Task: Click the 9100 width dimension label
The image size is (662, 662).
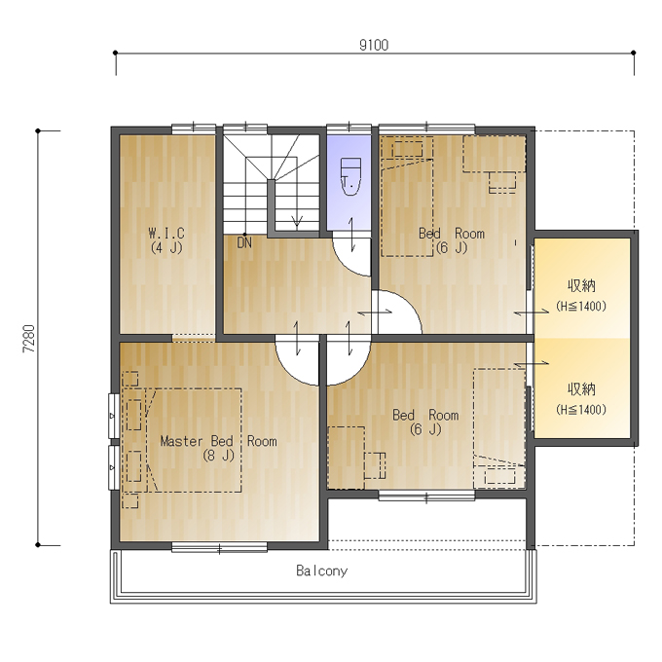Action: pos(374,45)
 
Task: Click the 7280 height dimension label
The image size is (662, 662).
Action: pos(29,339)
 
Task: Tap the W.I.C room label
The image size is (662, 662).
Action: pos(166,233)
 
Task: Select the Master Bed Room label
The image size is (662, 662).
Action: pos(218,441)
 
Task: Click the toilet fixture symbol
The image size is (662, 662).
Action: pos(350,176)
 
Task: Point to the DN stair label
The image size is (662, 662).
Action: pos(244,242)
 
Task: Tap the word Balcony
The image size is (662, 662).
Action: pos(321,570)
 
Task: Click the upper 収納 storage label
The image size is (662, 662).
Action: pos(581,286)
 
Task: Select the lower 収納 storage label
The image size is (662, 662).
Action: pos(581,388)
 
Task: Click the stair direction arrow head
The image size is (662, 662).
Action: pos(297,221)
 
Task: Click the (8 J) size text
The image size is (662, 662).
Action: pos(218,456)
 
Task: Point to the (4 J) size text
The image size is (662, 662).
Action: pos(166,247)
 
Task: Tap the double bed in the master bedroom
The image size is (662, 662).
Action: pos(194,440)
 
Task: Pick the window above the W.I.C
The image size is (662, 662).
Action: pos(194,127)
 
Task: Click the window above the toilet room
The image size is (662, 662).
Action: pos(349,127)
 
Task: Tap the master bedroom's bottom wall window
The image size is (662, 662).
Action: pos(220,548)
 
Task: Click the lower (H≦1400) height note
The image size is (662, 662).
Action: pos(581,409)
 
